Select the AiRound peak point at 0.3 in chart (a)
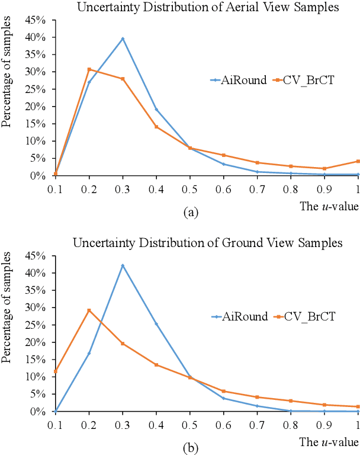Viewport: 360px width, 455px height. coord(123,39)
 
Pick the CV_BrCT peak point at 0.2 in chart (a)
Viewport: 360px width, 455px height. coord(89,69)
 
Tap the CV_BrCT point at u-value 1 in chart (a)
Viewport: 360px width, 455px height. coord(358,161)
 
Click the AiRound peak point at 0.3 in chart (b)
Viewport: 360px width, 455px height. coord(123,265)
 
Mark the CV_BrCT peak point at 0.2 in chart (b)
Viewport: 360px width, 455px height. coord(89,310)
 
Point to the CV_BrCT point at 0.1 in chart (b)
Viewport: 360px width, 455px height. coord(55,371)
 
